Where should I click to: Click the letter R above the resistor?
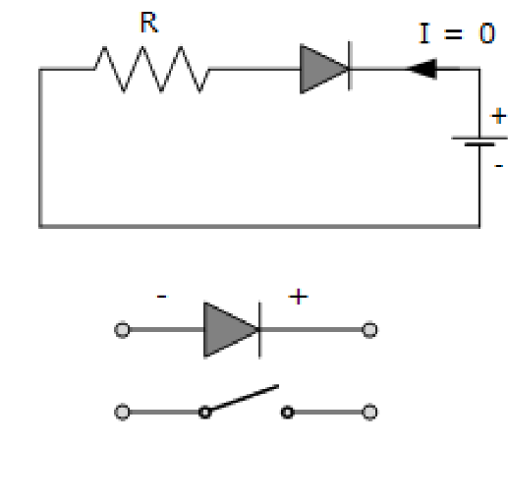coord(149,25)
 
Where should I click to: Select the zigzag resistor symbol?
coord(151,70)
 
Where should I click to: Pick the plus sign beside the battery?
coord(497,117)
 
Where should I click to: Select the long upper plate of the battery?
coord(479,138)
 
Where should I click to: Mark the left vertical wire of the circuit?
coord(40,147)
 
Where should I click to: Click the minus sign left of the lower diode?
coord(161,295)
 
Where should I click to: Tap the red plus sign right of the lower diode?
coord(297,296)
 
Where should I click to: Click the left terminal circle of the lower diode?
coord(122,330)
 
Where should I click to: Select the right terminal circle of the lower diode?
coord(369,330)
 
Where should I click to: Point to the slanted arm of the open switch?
coord(243,398)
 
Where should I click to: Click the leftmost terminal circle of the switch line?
coord(122,412)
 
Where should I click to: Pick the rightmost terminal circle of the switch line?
coord(369,412)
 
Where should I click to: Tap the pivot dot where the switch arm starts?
coord(204,412)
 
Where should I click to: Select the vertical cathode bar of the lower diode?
coord(259,329)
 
